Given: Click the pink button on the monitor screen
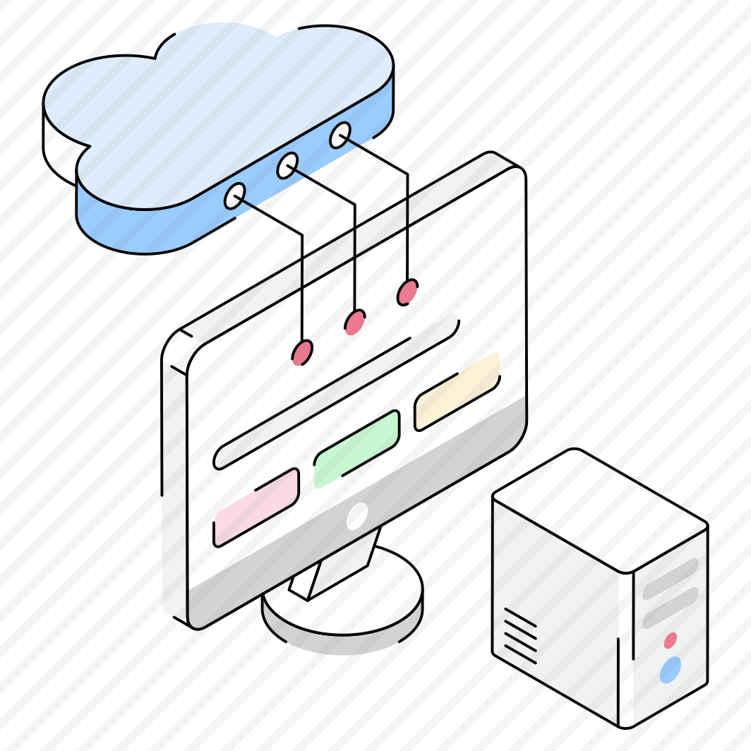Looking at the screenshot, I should pyautogui.click(x=256, y=507).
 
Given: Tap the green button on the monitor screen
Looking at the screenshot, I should pyautogui.click(x=357, y=449).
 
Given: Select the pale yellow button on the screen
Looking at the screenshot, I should pyautogui.click(x=457, y=391).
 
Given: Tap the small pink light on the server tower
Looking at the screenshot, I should pyautogui.click(x=671, y=640).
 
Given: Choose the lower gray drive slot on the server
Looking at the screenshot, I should pyautogui.click(x=670, y=607).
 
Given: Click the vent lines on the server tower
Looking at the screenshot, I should pyautogui.click(x=520, y=635).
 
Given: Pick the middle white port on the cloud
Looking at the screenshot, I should pyautogui.click(x=287, y=166).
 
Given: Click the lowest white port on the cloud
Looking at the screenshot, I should pyautogui.click(x=235, y=196).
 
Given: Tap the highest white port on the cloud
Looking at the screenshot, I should pyautogui.click(x=340, y=135).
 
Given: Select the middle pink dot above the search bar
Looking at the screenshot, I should pyautogui.click(x=355, y=322).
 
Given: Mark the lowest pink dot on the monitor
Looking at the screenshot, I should pyautogui.click(x=302, y=352).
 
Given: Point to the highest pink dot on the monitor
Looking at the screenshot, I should pyautogui.click(x=407, y=292).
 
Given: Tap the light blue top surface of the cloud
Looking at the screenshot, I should pyautogui.click(x=212, y=106).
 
